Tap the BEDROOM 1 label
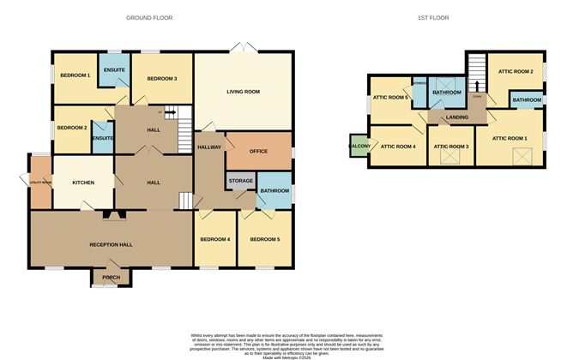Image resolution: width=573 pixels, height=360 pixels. click(x=75, y=75)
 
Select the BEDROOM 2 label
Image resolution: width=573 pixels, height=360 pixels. click(x=72, y=128)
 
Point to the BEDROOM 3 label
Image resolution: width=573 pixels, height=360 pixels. click(x=161, y=79)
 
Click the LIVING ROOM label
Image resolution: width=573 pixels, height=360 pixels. click(x=243, y=91)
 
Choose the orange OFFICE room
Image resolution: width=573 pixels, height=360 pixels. click(x=258, y=151)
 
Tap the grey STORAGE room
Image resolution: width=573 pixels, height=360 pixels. click(x=240, y=181)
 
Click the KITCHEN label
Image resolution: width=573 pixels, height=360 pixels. click(x=82, y=183)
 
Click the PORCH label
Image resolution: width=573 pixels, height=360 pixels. click(x=111, y=278)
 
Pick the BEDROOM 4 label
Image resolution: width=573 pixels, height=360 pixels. click(x=214, y=239)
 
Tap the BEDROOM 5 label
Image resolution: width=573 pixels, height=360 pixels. click(x=264, y=239)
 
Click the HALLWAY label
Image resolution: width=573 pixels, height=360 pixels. click(x=210, y=147)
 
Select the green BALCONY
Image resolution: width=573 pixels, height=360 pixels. click(x=359, y=147)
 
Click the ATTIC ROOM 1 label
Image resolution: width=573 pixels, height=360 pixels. click(x=510, y=138)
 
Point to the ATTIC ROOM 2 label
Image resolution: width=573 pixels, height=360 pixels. click(x=516, y=71)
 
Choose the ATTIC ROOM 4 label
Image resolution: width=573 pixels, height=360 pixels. click(x=398, y=147)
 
